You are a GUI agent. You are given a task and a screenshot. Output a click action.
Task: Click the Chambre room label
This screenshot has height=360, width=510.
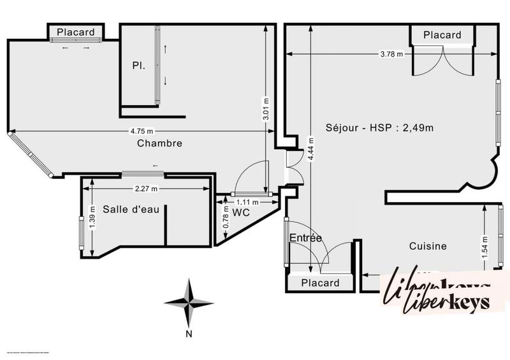(159, 143)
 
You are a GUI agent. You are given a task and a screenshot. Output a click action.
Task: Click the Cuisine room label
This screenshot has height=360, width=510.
(427, 246)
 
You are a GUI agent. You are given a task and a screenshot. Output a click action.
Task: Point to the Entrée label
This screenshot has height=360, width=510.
(306, 238)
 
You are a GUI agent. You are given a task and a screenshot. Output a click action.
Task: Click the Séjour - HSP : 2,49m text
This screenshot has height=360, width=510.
(379, 127)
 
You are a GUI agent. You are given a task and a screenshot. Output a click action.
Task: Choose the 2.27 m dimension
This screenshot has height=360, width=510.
(146, 189)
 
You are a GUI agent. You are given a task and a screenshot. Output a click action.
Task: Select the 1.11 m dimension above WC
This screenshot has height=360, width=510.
(249, 202)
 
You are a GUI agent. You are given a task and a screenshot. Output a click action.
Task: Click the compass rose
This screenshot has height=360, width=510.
(189, 303)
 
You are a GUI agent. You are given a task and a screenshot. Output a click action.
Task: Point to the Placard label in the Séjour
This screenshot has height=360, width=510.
(442, 35)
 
